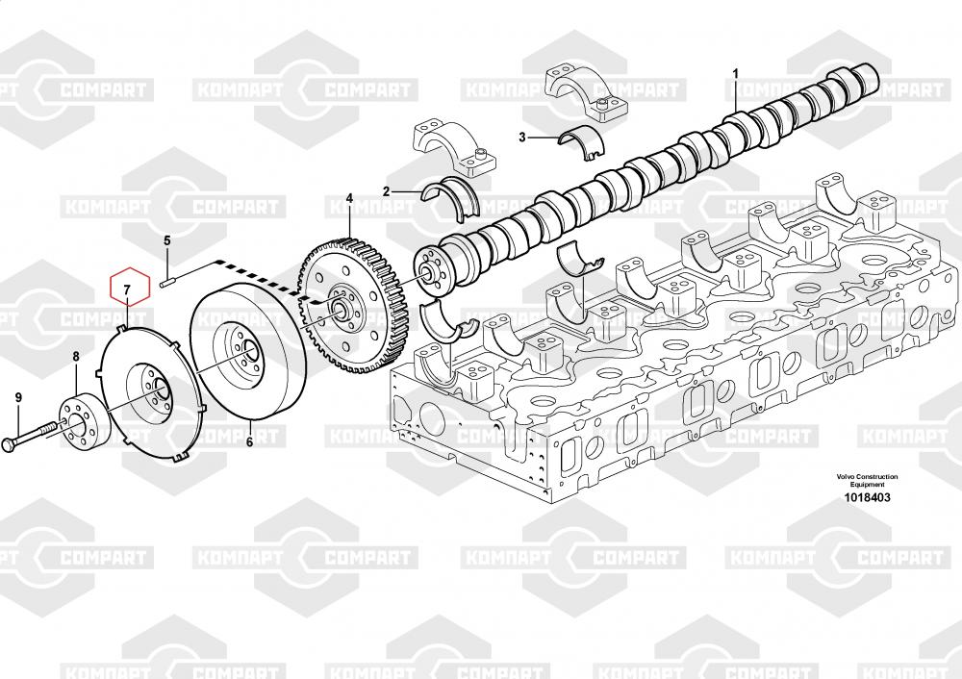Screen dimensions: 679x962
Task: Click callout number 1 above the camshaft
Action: tap(736, 73)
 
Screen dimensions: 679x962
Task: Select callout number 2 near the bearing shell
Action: tap(386, 191)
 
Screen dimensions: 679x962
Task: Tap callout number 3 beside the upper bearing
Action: tap(522, 138)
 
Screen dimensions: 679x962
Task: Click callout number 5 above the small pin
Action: tap(166, 240)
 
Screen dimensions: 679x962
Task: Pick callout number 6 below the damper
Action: tap(248, 442)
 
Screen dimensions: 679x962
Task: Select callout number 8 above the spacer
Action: tap(77, 357)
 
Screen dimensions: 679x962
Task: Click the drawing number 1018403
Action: tap(867, 498)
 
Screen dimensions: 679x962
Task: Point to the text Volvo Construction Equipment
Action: tap(867, 481)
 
